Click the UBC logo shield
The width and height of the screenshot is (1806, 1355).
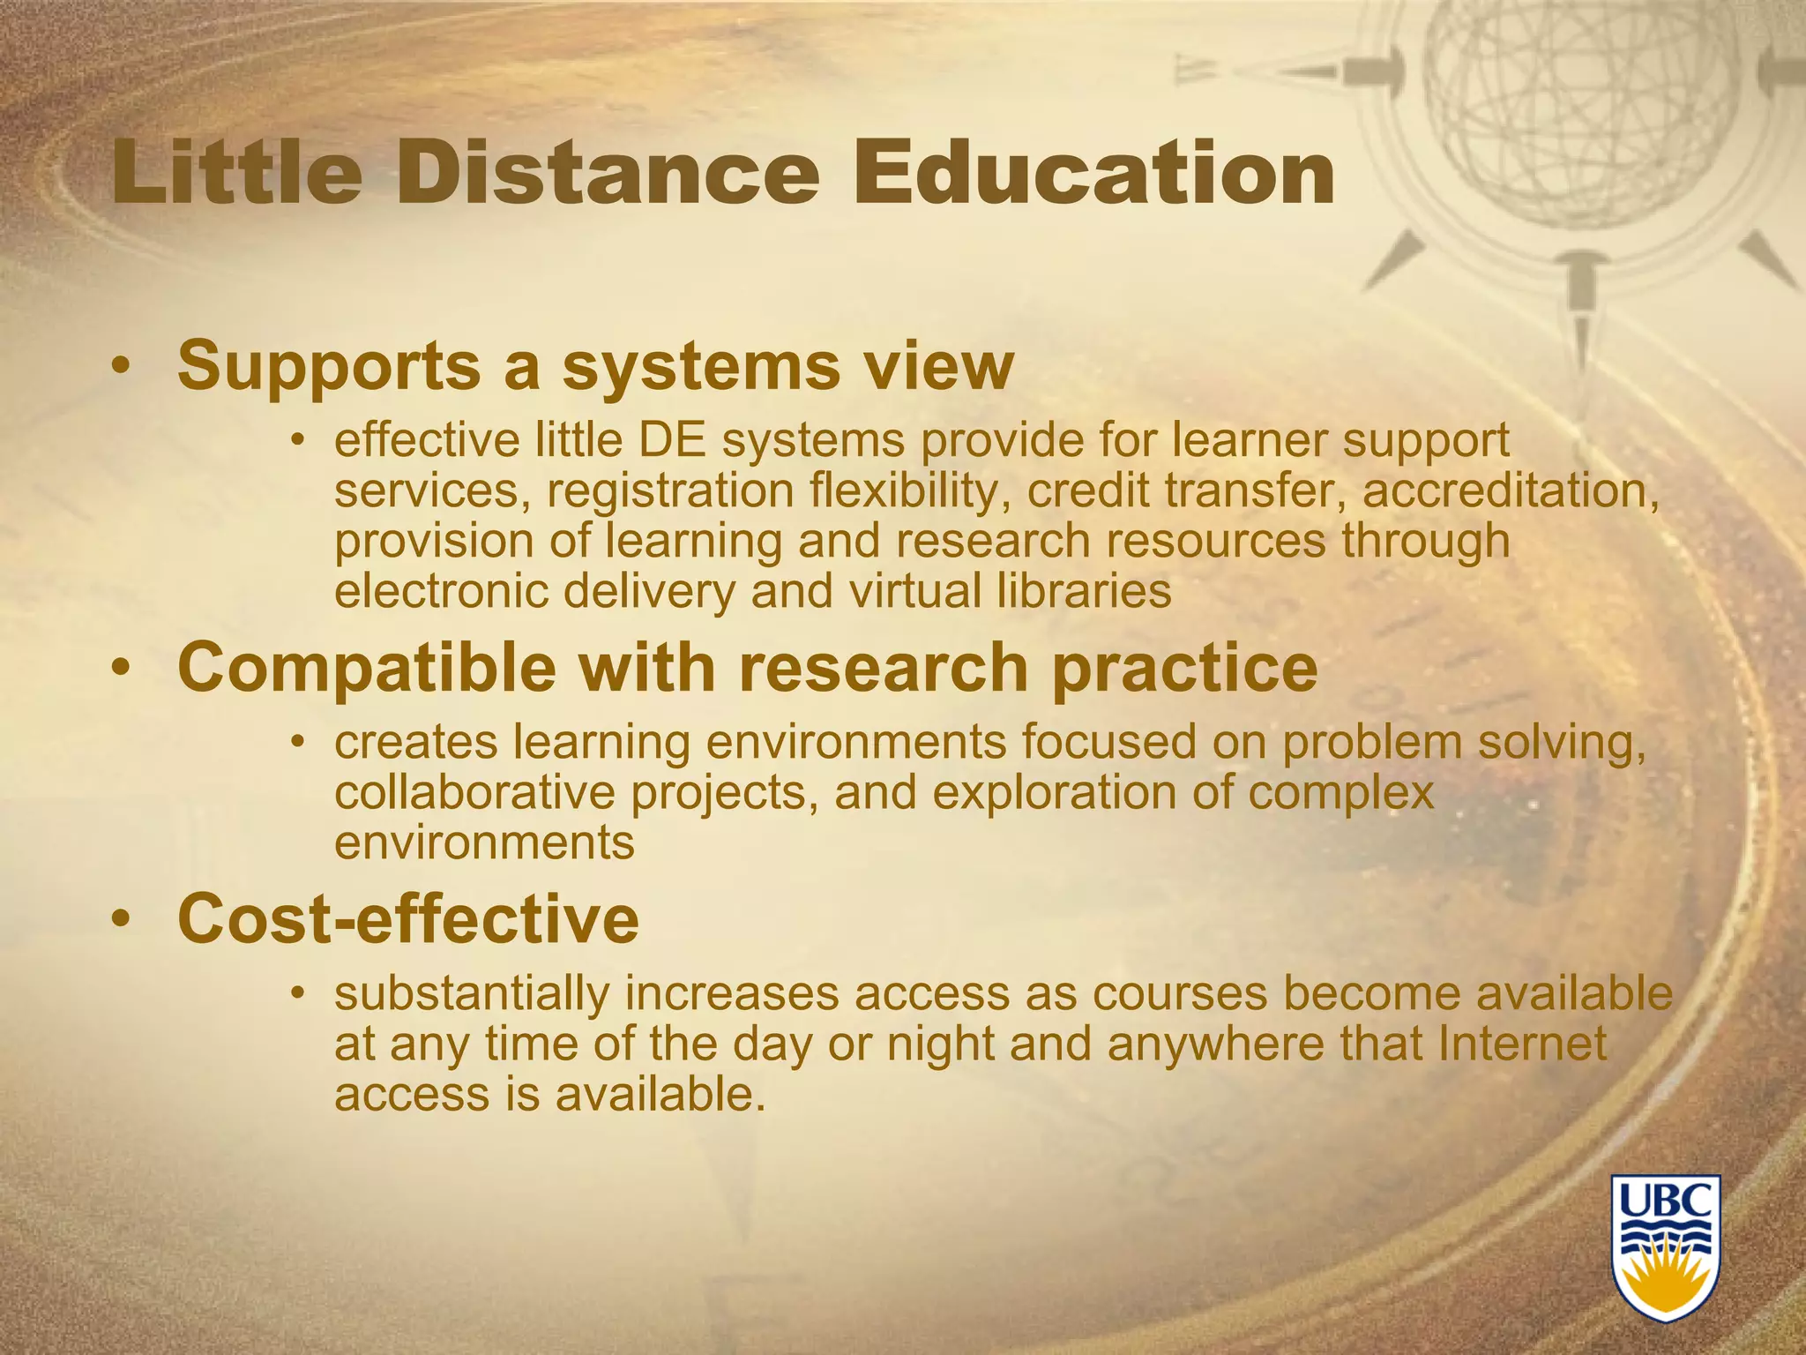[x=1666, y=1246]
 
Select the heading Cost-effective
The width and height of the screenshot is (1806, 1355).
[x=408, y=919]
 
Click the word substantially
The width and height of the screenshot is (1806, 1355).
[x=472, y=993]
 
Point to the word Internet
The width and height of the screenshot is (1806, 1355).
[x=1522, y=1044]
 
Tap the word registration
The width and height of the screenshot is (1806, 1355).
[x=670, y=491]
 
